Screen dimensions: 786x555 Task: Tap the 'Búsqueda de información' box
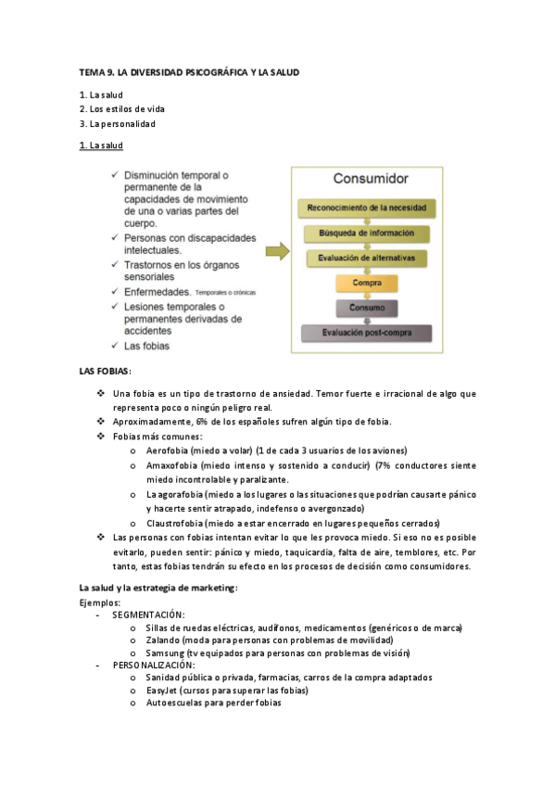[367, 233]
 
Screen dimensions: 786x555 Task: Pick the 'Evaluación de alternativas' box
[367, 258]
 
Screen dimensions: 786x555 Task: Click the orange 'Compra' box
[367, 283]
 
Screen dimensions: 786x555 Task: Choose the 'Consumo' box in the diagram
[367, 307]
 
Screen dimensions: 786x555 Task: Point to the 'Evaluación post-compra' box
[367, 332]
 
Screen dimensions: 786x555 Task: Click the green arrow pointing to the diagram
[276, 252]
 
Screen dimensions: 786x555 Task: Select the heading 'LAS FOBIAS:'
[106, 372]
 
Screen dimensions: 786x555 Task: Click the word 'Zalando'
[162, 640]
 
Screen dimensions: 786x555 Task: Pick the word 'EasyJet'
[162, 691]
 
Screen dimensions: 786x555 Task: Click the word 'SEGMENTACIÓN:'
[147, 615]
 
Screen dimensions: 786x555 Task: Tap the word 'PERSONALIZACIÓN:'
[153, 666]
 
